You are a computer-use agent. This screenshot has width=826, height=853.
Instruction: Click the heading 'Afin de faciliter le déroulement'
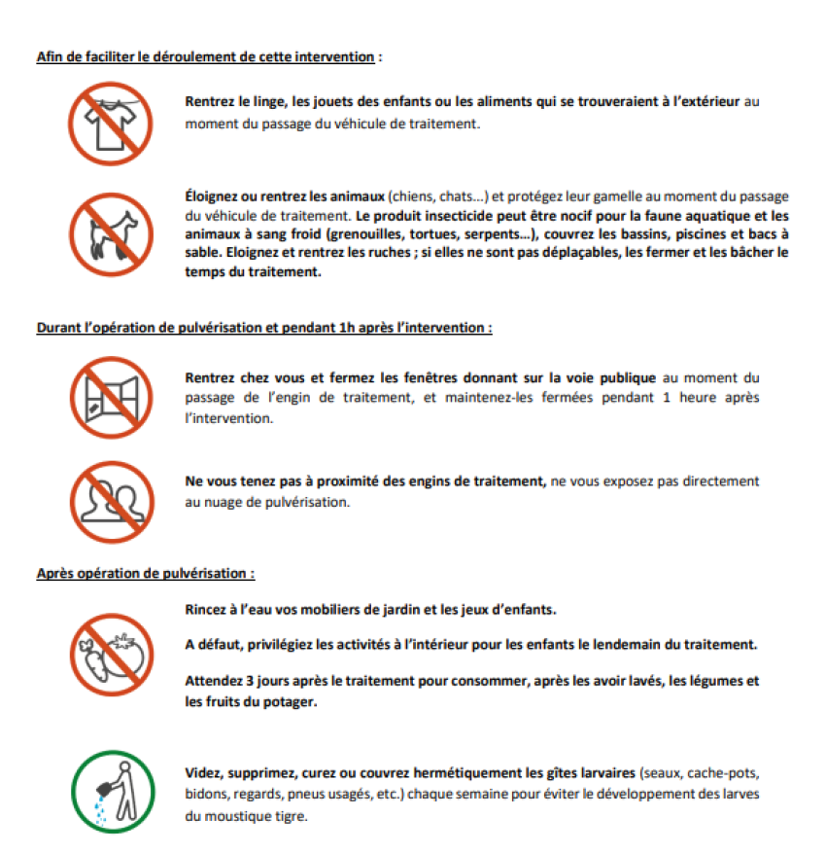(x=205, y=56)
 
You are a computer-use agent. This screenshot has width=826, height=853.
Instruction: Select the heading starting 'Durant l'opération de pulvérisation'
(x=263, y=328)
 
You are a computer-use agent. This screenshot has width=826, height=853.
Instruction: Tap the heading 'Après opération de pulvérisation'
(x=146, y=574)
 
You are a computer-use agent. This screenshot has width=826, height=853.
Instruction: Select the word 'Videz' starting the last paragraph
(x=203, y=772)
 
